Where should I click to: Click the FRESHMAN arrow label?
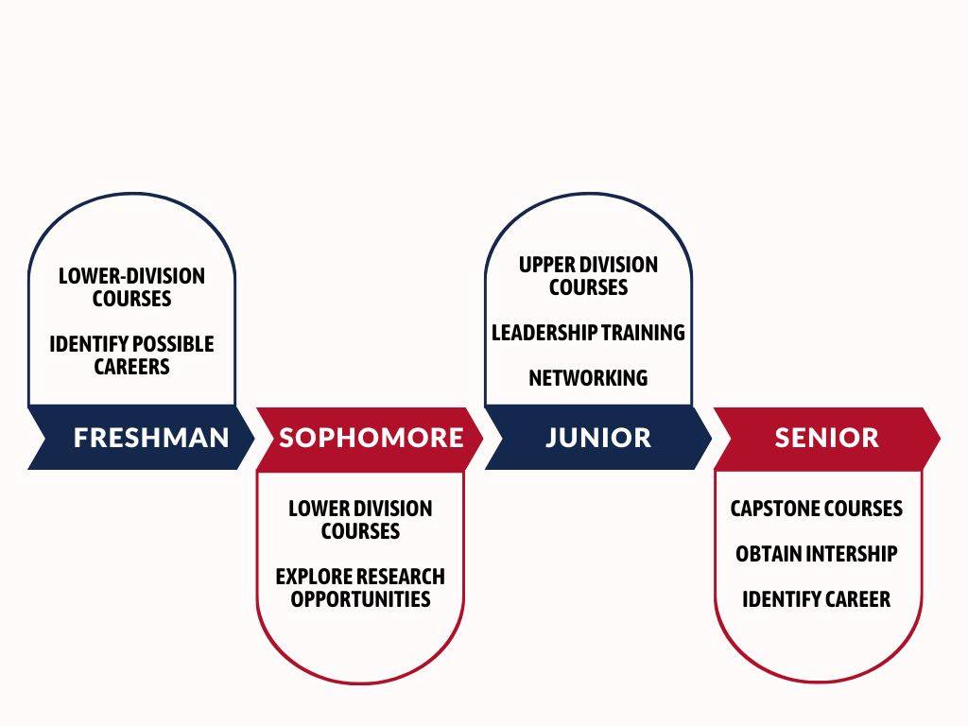(151, 438)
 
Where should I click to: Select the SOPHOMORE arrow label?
(371, 438)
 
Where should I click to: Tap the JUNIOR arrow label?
(598, 438)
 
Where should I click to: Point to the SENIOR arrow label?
(826, 438)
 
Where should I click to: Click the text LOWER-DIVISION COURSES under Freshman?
(131, 287)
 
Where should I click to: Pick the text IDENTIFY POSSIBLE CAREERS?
(131, 355)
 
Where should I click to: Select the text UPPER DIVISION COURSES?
(588, 276)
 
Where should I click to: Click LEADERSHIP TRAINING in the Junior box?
(588, 333)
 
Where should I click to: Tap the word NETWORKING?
(588, 378)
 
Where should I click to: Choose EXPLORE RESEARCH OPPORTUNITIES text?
(360, 588)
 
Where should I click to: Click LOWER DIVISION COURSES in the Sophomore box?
(360, 520)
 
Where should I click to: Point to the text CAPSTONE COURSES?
(816, 509)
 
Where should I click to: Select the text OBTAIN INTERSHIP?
(816, 554)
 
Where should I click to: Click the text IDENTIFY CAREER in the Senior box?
(816, 598)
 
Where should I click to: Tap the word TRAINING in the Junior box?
(643, 333)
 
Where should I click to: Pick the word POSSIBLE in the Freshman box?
(174, 344)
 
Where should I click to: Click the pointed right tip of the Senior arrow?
(941, 439)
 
